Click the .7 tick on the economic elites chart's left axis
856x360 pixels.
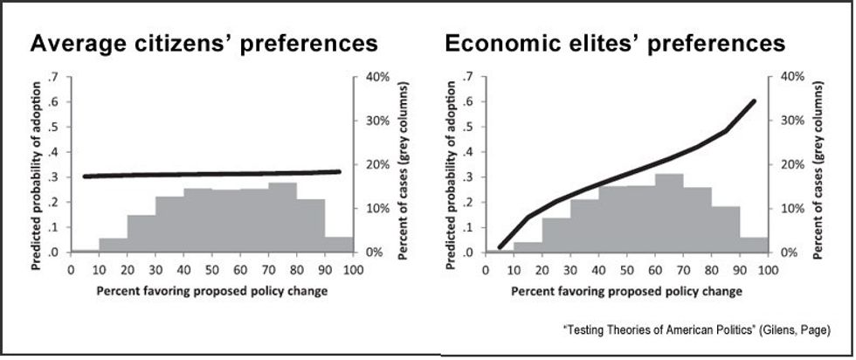click(x=469, y=77)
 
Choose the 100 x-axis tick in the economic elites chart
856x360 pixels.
click(x=768, y=269)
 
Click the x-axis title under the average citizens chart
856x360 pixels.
click(x=211, y=290)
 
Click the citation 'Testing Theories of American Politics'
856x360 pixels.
click(x=696, y=329)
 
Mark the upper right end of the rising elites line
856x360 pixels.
click(x=754, y=101)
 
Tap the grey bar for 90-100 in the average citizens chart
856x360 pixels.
click(x=339, y=244)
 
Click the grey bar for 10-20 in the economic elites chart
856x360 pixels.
click(x=528, y=246)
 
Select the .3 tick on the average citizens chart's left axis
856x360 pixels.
click(x=53, y=177)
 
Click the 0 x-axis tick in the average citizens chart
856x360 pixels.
click(x=71, y=269)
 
